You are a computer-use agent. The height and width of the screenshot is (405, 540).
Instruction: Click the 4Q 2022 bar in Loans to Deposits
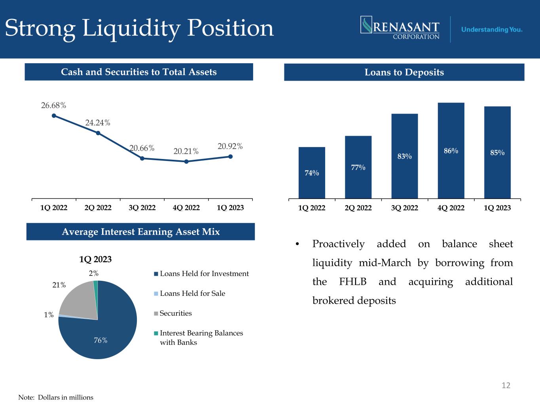(x=451, y=150)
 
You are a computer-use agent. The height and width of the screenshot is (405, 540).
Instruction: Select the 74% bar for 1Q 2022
(x=312, y=173)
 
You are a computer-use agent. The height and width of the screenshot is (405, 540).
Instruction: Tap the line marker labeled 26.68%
(x=54, y=115)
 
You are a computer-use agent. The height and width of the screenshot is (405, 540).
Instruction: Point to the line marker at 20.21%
(x=186, y=161)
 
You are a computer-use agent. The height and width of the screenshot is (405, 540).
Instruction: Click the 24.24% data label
(x=98, y=123)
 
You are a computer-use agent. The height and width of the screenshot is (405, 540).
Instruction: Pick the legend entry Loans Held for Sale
(x=192, y=293)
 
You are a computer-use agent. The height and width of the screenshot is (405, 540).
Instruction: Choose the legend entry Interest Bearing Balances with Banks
(x=201, y=338)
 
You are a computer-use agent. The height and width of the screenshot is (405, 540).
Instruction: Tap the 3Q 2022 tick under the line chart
(x=142, y=208)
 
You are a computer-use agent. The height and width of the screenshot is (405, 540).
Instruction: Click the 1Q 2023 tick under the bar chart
(x=497, y=208)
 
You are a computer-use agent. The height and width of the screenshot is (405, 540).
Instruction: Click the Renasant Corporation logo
(x=400, y=28)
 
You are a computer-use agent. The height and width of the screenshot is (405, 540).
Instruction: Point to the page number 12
(x=506, y=385)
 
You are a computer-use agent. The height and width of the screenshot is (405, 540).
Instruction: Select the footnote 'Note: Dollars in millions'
(x=56, y=397)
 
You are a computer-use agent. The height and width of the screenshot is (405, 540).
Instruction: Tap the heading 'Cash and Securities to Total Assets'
(x=139, y=72)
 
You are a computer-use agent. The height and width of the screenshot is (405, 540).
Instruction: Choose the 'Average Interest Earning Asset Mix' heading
(x=140, y=232)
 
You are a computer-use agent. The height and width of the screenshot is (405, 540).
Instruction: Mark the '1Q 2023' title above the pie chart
(x=95, y=259)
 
